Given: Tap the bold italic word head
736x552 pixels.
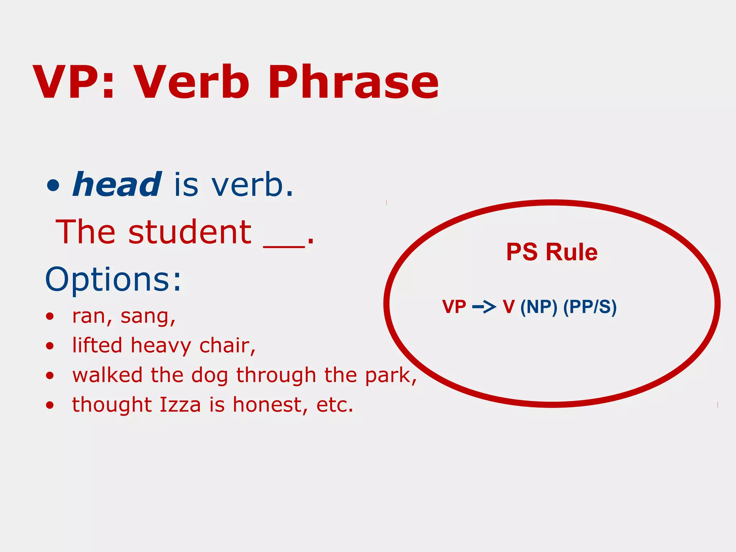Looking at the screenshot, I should pos(117,185).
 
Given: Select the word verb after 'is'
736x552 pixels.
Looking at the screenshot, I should pos(252,185).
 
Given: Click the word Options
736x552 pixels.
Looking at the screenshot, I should pos(113,279).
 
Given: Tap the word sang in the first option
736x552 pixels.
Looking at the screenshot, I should pos(147,316).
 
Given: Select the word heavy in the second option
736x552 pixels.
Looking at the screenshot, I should pos(161,346).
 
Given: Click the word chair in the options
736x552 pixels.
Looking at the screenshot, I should pos(226,346).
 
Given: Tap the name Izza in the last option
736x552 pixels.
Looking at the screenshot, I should pos(180,405).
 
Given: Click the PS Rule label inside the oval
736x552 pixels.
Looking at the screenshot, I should pos(552,252).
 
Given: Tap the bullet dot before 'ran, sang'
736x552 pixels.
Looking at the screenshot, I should pos(50,317).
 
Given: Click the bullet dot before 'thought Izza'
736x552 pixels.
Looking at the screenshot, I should pos(50,405).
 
